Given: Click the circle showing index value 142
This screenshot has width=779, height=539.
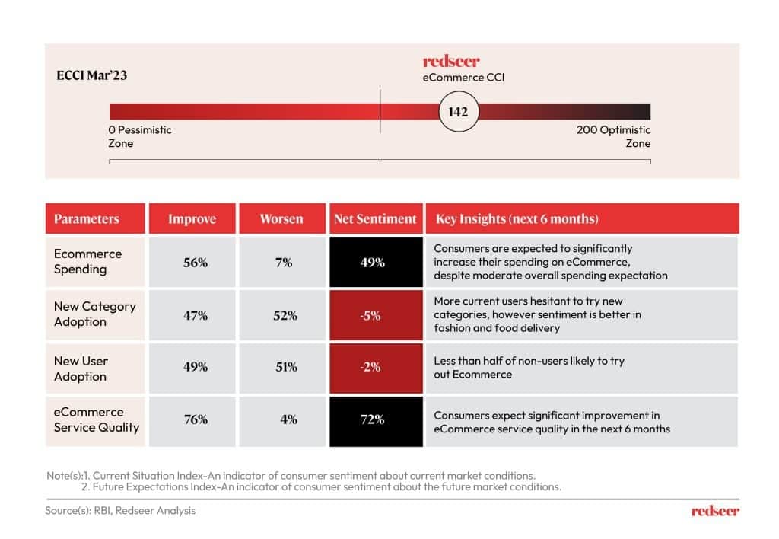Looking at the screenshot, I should click(x=458, y=112).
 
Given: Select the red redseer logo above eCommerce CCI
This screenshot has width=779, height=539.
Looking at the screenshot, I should click(x=451, y=62).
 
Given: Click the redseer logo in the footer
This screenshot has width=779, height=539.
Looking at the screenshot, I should click(x=715, y=511).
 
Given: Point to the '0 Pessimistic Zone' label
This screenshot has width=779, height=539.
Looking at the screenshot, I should click(x=140, y=136).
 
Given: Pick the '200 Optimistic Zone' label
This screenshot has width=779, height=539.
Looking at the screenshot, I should click(x=614, y=136).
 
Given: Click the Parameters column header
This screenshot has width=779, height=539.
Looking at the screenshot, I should click(x=87, y=219).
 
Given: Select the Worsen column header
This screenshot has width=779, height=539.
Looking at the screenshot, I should click(x=281, y=219).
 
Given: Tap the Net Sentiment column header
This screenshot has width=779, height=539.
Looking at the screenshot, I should click(x=375, y=219).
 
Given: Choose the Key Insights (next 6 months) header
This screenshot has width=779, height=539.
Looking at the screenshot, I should click(x=517, y=219).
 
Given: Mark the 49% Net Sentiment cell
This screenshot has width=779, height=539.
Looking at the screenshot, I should click(x=375, y=262).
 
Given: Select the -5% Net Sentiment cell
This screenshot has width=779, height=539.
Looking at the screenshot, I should click(x=375, y=314).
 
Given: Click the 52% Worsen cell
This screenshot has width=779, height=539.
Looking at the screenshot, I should click(x=284, y=314).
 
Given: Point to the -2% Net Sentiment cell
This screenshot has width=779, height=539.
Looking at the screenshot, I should click(x=375, y=366).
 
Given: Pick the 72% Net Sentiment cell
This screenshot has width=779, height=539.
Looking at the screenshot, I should click(x=375, y=419).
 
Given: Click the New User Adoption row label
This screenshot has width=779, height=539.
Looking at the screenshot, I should click(x=81, y=368).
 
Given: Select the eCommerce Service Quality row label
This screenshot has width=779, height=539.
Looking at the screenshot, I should click(x=96, y=419).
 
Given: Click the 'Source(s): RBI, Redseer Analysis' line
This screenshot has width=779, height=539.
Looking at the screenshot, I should click(x=120, y=510).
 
